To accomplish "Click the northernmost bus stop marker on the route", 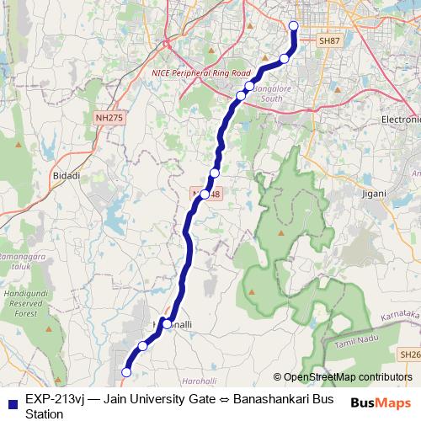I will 294,25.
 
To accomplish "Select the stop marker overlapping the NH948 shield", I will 205,194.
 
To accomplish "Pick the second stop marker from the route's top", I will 284,59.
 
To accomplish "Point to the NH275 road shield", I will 109,119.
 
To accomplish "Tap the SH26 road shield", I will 410,356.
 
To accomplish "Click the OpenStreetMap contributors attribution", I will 343,377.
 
